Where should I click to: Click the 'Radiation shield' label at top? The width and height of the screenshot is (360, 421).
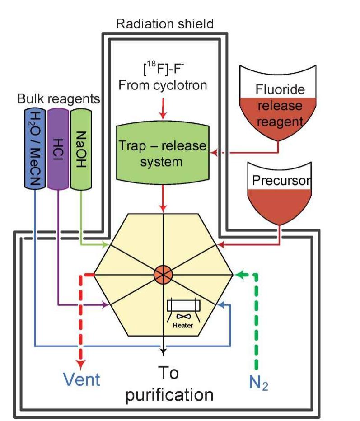click(164, 23)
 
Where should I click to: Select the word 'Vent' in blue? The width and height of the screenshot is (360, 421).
click(81, 379)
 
